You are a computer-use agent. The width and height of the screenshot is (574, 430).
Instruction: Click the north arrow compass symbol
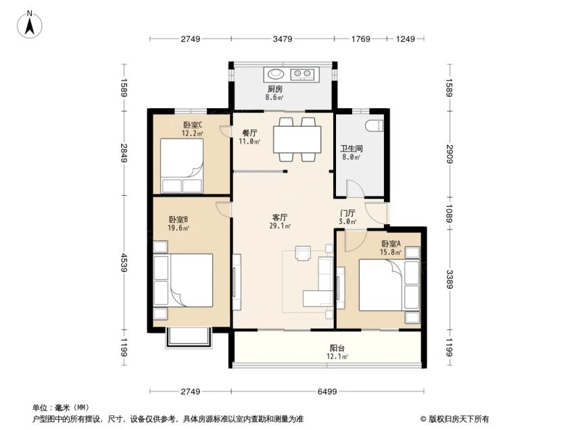(30, 25)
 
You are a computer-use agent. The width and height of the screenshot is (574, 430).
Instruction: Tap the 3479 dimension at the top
(282, 38)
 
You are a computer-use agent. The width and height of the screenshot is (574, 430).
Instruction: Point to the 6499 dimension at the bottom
(327, 392)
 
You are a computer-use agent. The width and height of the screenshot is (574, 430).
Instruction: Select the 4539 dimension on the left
(123, 263)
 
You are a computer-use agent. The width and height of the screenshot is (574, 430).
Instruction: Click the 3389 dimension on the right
(450, 279)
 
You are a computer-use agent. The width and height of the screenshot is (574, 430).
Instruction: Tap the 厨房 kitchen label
(275, 89)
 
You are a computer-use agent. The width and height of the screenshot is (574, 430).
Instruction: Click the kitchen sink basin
(276, 74)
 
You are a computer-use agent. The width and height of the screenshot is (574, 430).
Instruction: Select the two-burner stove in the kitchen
(303, 74)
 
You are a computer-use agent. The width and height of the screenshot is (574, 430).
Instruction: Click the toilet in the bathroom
(375, 126)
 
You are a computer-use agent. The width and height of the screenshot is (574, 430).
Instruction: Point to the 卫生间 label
(352, 149)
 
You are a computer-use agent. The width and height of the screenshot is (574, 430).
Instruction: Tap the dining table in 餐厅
(297, 139)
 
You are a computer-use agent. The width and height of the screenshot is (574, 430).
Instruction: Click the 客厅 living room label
(280, 218)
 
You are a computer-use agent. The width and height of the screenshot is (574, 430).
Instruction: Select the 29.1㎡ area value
(280, 226)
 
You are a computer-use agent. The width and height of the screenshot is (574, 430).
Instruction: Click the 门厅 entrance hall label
(348, 213)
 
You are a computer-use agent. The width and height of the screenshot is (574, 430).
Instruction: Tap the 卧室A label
(391, 244)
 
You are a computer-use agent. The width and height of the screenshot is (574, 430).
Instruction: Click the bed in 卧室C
(182, 165)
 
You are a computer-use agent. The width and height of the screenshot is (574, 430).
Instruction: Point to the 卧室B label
(178, 220)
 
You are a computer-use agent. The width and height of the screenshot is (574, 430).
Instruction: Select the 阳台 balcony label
(337, 348)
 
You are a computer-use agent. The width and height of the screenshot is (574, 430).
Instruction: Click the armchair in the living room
(303, 253)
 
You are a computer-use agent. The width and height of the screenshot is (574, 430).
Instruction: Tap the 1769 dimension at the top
(360, 38)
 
